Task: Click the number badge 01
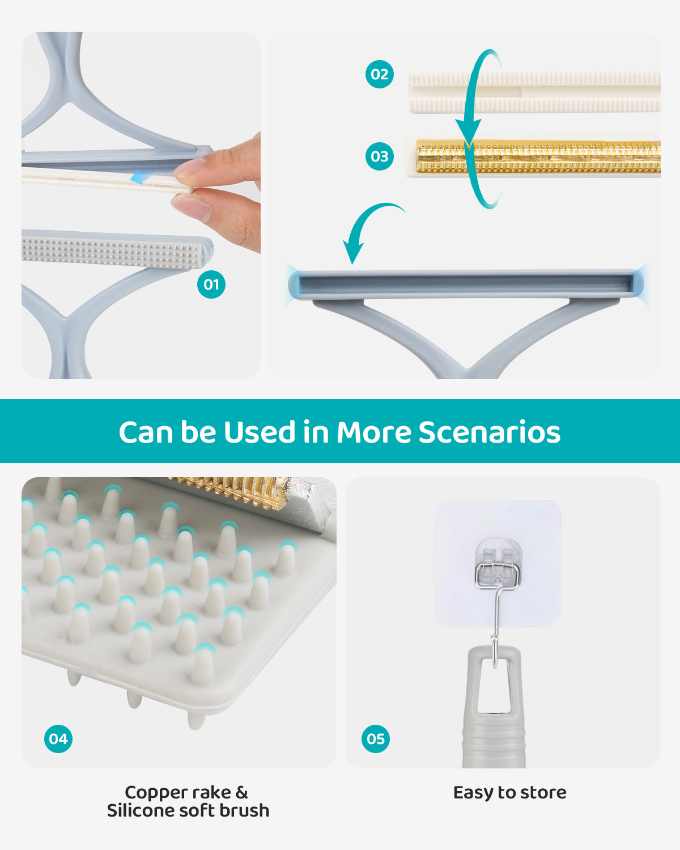tap(211, 284)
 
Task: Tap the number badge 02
tap(380, 74)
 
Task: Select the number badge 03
tap(380, 156)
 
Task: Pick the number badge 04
tap(58, 739)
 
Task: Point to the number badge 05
tap(376, 739)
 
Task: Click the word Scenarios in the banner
tap(490, 432)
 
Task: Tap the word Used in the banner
tap(260, 432)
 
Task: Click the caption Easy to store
tap(509, 792)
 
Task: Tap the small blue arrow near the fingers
tap(139, 178)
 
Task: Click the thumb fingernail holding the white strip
tap(191, 168)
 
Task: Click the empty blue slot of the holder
tap(465, 283)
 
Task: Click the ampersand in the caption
tap(241, 792)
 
